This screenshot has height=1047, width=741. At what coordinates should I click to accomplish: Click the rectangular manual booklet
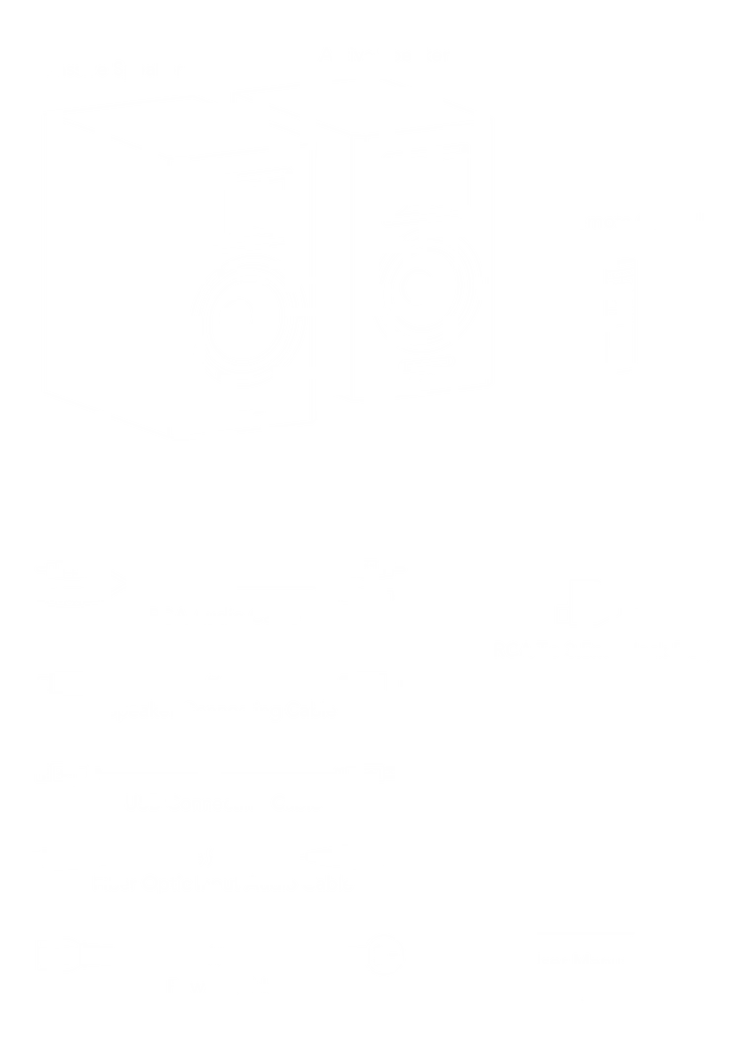pyautogui.click(x=581, y=859)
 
